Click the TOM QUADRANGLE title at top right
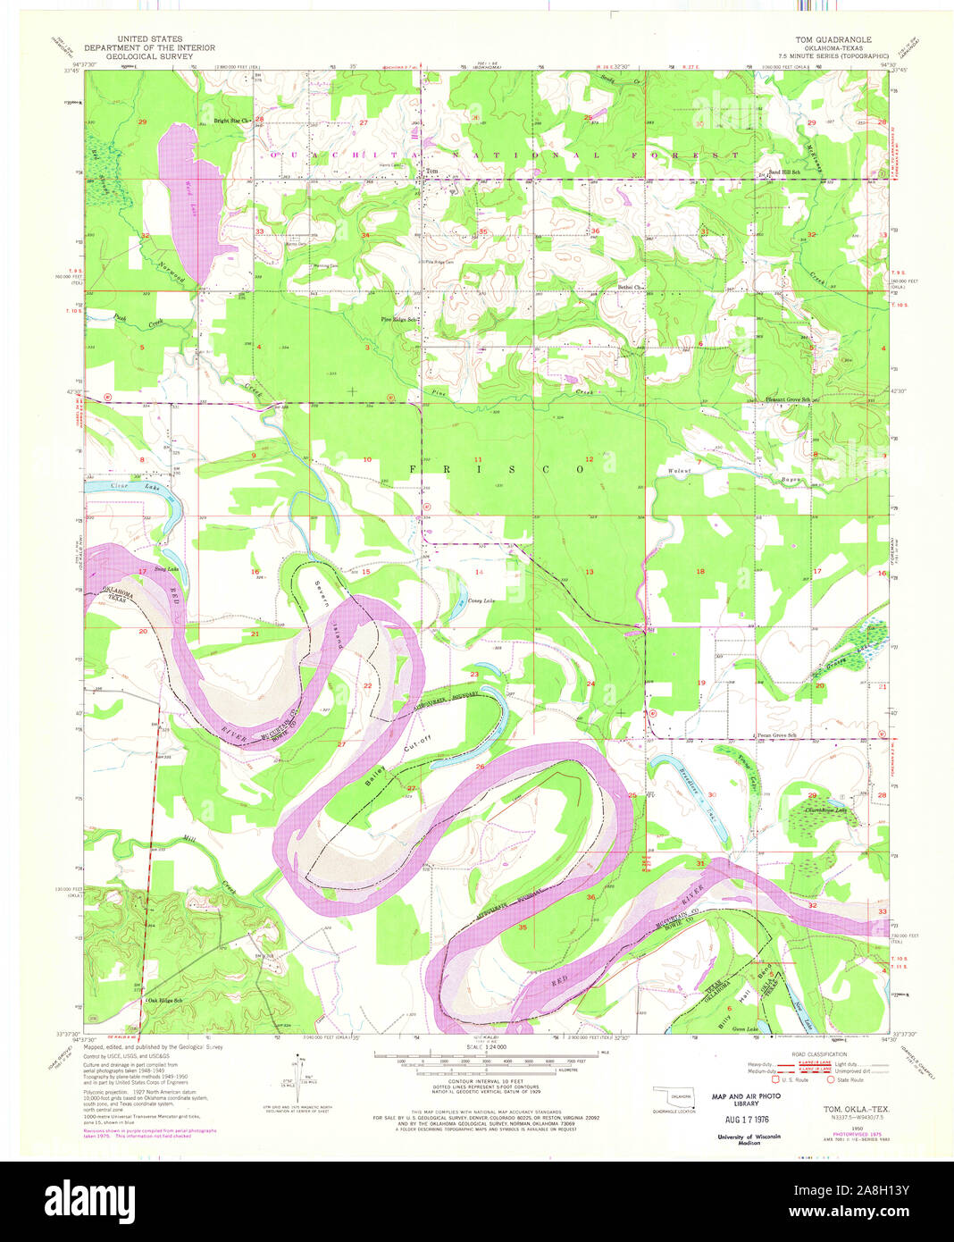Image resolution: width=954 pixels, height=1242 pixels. click(834, 40)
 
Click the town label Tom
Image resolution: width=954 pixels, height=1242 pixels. click(432, 172)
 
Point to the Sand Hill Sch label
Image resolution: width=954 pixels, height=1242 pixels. click(785, 172)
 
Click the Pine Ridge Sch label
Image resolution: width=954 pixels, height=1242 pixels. click(399, 319)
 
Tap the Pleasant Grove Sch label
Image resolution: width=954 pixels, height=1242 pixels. click(787, 399)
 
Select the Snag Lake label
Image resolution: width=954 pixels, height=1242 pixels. click(166, 568)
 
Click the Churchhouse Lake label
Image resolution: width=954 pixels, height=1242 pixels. click(824, 810)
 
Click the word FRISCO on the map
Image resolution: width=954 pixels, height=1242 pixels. click(498, 468)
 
